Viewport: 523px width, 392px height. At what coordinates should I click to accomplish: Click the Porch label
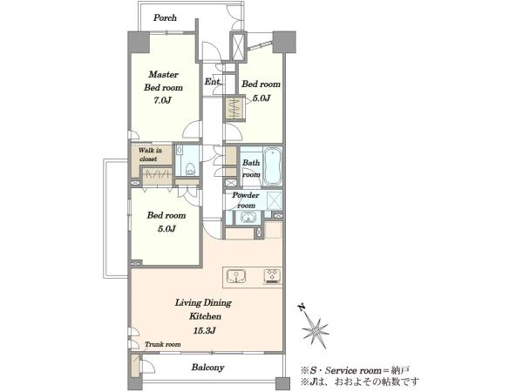coord(165,17)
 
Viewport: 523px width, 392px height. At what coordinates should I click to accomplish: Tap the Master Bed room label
coord(164,81)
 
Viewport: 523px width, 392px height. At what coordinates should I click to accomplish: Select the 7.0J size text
coord(163,100)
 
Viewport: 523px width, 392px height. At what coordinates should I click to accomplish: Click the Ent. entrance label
coord(213,81)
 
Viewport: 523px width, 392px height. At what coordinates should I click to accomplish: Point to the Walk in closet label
coord(150,154)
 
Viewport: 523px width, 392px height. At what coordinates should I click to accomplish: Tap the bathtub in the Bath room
coord(273,166)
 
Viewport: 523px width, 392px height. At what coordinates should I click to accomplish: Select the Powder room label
coord(246,200)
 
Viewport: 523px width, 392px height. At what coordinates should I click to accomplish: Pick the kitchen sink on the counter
coord(236,276)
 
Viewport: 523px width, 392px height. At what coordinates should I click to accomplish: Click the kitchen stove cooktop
coord(273,276)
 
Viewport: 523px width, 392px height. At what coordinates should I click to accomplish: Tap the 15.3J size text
coord(204,330)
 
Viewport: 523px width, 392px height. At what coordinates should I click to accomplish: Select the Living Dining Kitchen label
coord(204,309)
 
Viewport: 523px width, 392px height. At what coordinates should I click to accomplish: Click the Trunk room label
coord(163,344)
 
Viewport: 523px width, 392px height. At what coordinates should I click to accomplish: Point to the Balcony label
coord(207,368)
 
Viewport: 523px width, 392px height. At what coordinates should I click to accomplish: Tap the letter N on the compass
coord(302,307)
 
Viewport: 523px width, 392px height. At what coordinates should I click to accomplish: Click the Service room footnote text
coord(356,370)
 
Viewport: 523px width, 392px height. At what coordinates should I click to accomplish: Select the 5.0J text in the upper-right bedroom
coord(261,98)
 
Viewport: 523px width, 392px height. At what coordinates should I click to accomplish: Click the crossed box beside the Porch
coord(238,46)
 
